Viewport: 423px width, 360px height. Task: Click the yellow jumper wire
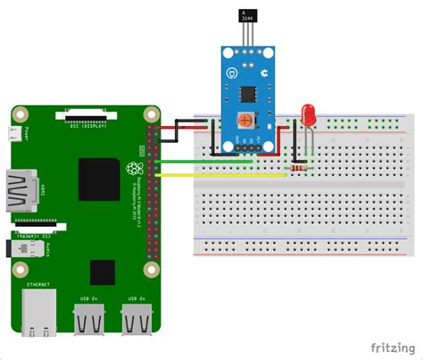223,175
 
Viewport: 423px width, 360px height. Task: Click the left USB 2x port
89,318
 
